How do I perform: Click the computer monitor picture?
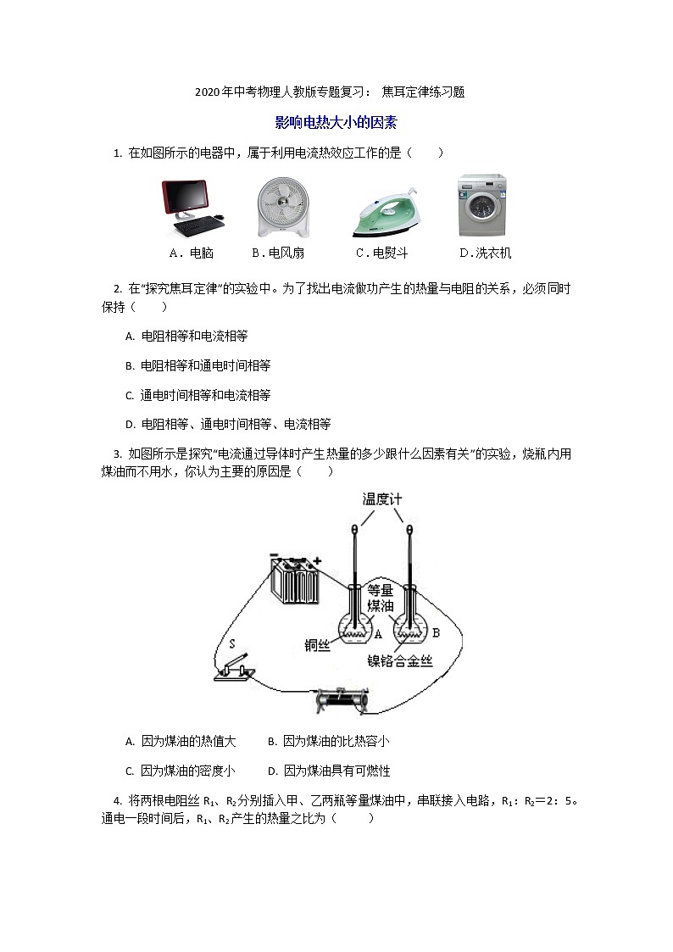coord(193,208)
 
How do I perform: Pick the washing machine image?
coord(482,206)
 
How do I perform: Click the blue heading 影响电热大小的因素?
coord(336,123)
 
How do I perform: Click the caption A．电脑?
coord(192,253)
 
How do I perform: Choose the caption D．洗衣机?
coord(485,253)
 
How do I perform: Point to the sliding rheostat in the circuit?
coord(342,699)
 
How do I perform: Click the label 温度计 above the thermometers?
coord(381,499)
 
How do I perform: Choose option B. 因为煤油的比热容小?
coord(328,741)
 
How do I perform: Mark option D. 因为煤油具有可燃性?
coord(328,771)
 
